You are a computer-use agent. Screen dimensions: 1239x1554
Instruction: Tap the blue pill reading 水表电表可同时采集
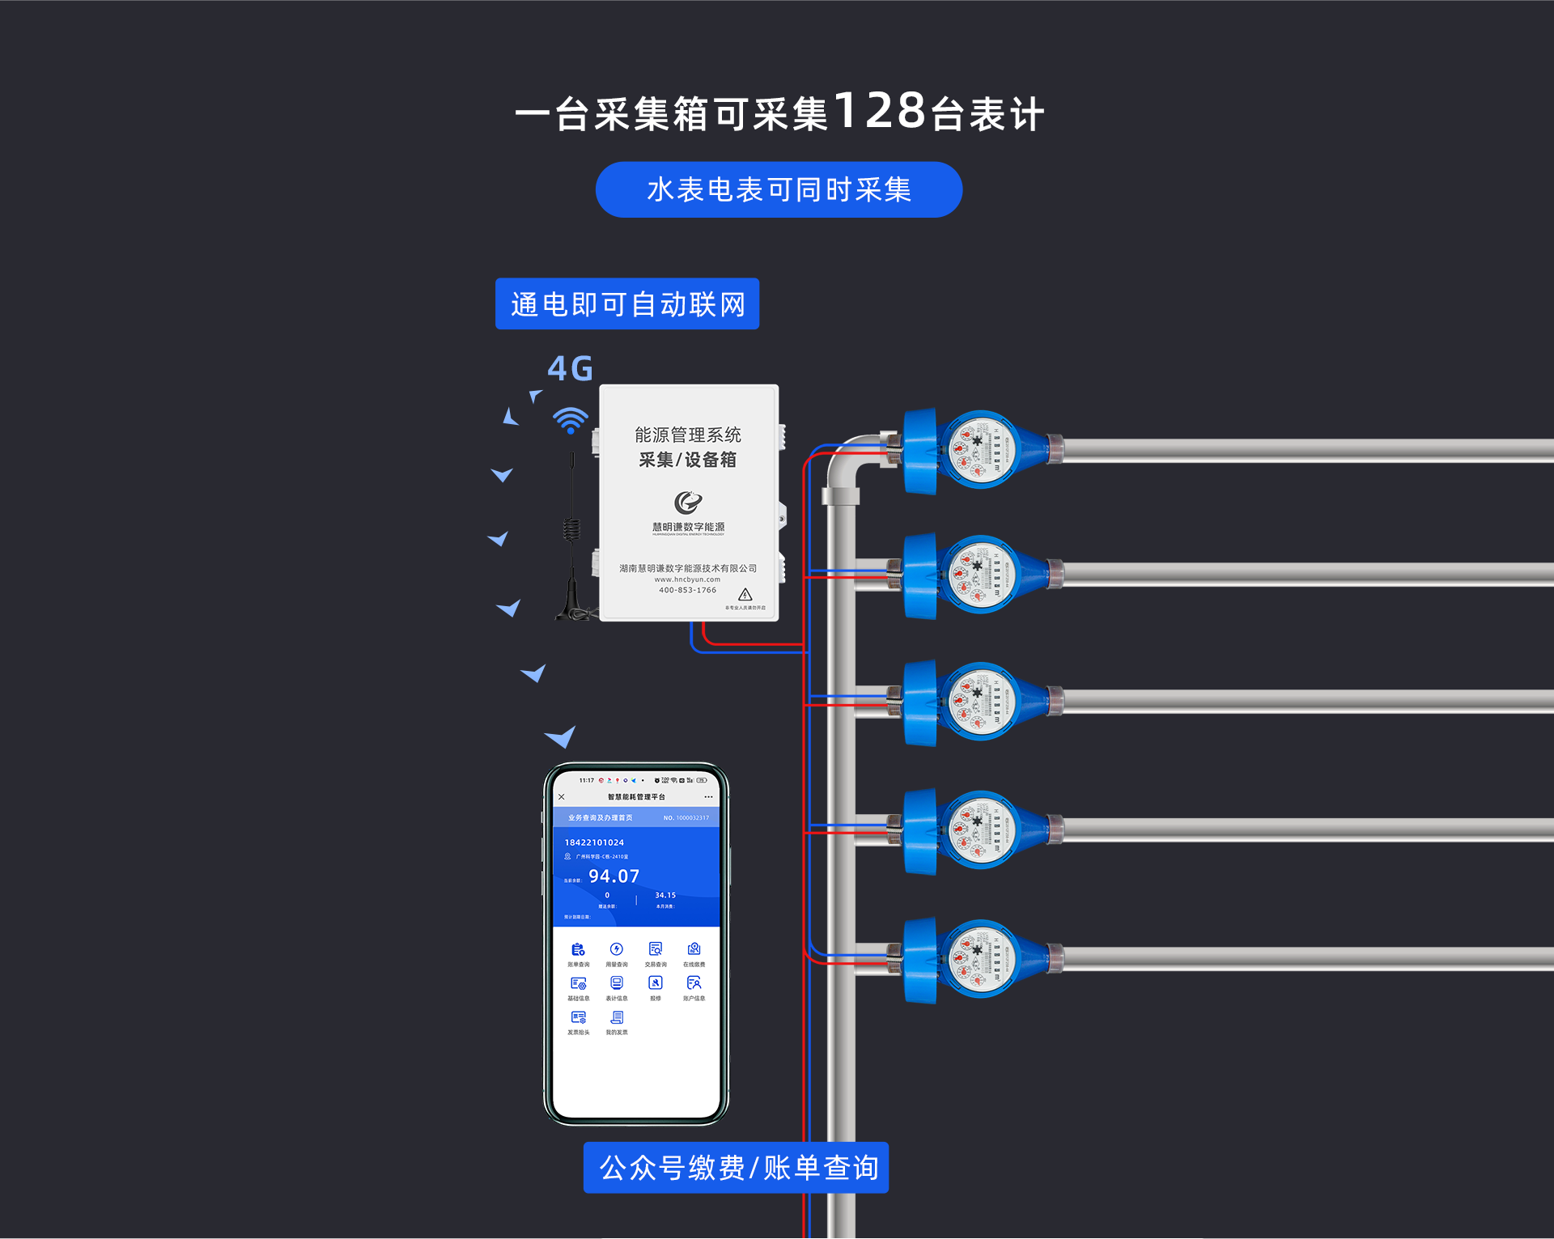[x=779, y=190]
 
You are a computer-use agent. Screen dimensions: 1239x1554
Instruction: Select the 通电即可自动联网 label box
[x=627, y=304]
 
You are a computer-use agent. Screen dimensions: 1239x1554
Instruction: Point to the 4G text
[x=570, y=369]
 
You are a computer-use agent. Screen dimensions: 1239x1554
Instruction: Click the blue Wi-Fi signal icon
[x=571, y=420]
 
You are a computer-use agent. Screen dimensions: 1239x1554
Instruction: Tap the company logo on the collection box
[x=688, y=503]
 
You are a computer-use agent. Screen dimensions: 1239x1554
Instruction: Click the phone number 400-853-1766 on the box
[x=687, y=590]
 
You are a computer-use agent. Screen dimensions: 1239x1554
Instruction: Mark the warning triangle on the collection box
[x=745, y=595]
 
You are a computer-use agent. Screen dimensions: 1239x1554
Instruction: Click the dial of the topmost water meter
[x=979, y=449]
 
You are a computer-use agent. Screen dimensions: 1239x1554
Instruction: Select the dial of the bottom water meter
[x=979, y=959]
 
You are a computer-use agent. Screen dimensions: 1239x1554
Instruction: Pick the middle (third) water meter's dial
[x=979, y=701]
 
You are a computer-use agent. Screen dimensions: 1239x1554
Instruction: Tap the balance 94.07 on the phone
[x=614, y=876]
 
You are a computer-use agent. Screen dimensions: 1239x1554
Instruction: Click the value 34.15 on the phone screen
[x=665, y=895]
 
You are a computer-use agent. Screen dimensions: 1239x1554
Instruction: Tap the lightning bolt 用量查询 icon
[x=617, y=949]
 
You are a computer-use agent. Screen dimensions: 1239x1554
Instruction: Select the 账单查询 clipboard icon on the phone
[x=578, y=949]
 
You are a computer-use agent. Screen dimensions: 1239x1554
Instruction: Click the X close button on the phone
[x=562, y=797]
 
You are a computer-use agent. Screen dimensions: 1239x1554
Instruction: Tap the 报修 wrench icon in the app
[x=656, y=983]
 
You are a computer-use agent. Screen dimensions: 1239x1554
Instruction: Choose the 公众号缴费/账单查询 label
[x=736, y=1168]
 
